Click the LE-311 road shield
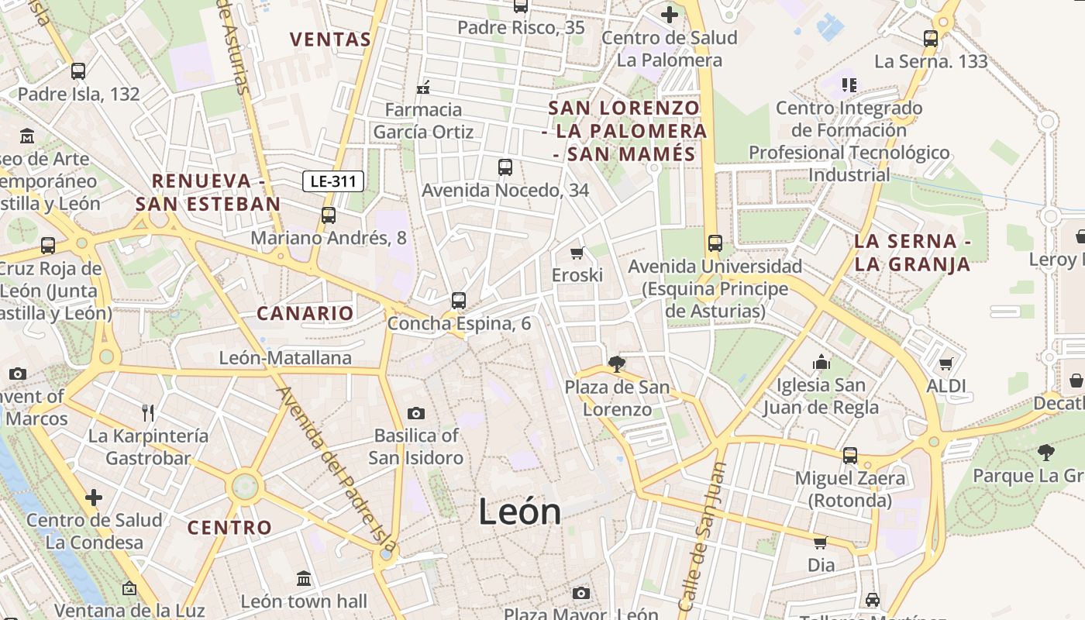click(x=333, y=182)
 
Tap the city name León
click(x=519, y=511)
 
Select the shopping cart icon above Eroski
click(x=577, y=253)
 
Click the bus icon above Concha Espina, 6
click(x=459, y=301)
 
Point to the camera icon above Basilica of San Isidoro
click(x=416, y=413)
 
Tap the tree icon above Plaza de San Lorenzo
click(x=617, y=363)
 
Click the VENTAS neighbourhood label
click(x=330, y=39)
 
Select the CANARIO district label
click(x=305, y=313)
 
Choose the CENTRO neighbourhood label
click(x=229, y=528)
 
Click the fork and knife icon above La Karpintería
click(x=148, y=412)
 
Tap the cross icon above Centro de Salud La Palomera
click(x=669, y=14)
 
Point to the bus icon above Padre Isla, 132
click(x=78, y=71)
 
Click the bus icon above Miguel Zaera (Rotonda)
click(x=850, y=455)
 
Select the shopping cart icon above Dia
click(x=820, y=542)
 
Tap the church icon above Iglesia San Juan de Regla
click(x=821, y=362)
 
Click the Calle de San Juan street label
click(x=702, y=535)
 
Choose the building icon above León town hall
click(x=303, y=578)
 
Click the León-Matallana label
click(x=285, y=358)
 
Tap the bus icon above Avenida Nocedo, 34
click(x=505, y=167)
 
